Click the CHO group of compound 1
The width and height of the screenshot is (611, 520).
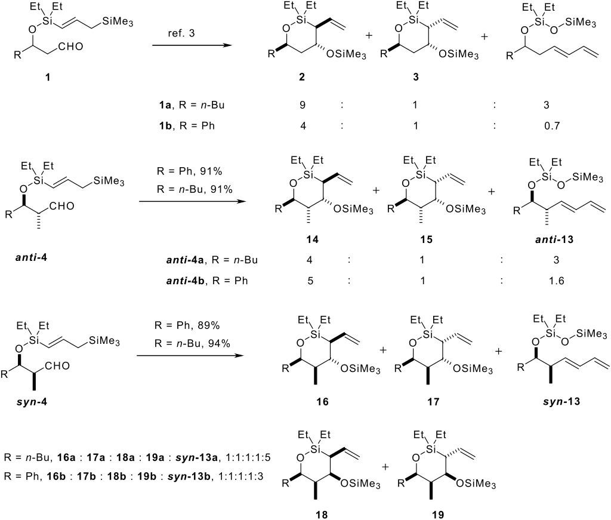pyautogui.click(x=73, y=56)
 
